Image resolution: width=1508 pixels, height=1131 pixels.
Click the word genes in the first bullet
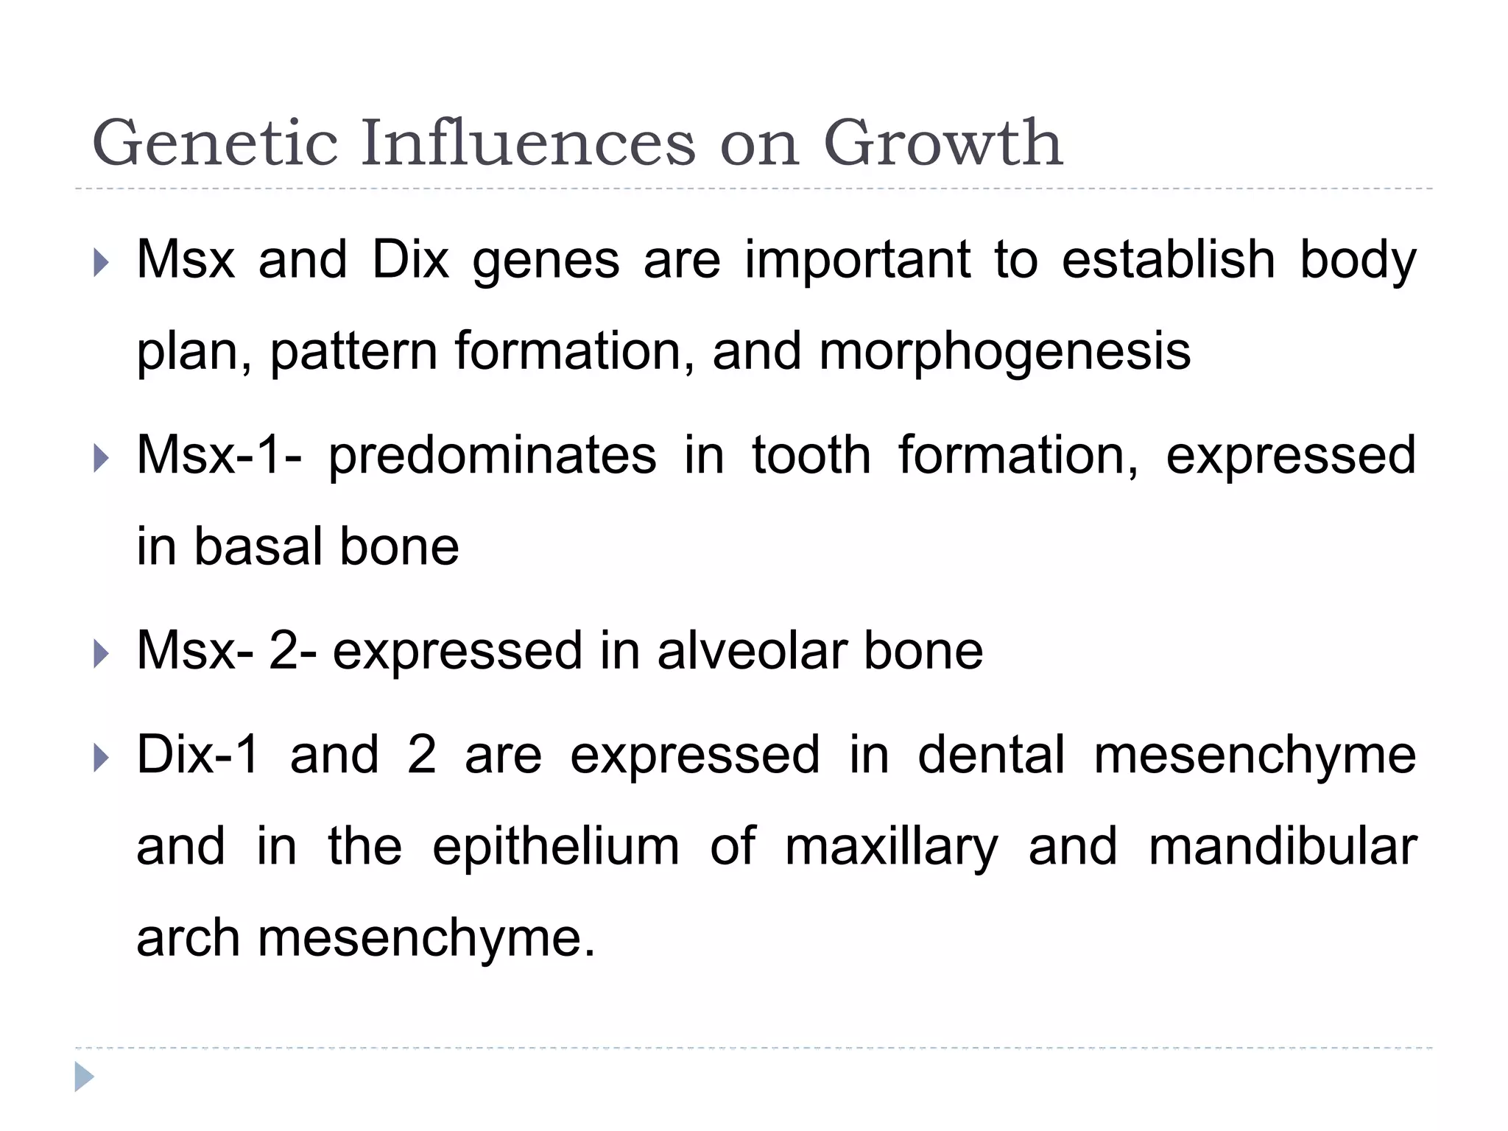coord(546,262)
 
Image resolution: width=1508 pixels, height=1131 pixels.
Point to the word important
coord(857,262)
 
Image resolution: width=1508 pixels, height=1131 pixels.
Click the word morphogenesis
coord(1004,352)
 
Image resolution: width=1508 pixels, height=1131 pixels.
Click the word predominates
coord(492,457)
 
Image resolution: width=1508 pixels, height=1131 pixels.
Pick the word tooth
coord(811,455)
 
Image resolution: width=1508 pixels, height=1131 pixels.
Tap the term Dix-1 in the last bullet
coord(198,755)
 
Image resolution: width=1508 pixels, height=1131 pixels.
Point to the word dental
coord(991,755)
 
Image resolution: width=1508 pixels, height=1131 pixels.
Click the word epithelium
coord(556,848)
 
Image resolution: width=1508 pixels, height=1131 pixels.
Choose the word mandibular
coord(1282,846)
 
